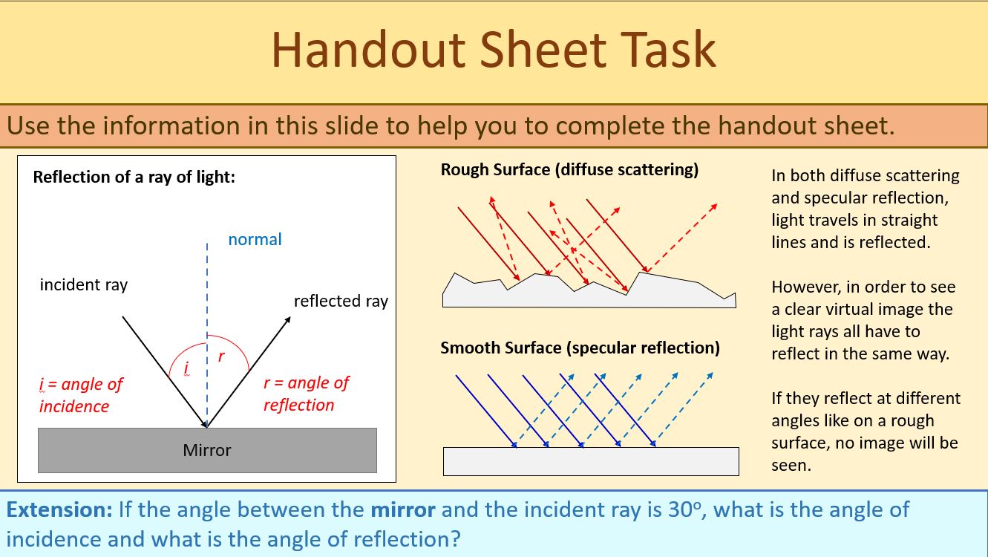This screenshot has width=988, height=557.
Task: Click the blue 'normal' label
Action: pyautogui.click(x=255, y=239)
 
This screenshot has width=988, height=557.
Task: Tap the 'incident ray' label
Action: pyautogui.click(x=83, y=284)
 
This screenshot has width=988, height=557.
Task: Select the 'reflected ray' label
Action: pyautogui.click(x=341, y=301)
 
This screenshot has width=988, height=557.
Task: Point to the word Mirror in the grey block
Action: pyautogui.click(x=207, y=450)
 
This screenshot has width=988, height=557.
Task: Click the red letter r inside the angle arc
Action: pyautogui.click(x=221, y=357)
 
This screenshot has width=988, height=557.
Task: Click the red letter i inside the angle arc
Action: pyautogui.click(x=186, y=368)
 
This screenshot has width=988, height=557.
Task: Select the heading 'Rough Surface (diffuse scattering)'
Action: pyautogui.click(x=569, y=169)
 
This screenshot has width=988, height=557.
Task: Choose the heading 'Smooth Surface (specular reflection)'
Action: pyautogui.click(x=580, y=348)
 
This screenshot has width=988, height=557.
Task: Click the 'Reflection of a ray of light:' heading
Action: pyautogui.click(x=134, y=177)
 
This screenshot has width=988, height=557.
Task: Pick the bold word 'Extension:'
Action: pyautogui.click(x=59, y=510)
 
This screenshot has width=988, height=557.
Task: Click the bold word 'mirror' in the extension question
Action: pyautogui.click(x=404, y=510)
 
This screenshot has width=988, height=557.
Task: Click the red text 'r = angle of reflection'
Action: pyautogui.click(x=305, y=394)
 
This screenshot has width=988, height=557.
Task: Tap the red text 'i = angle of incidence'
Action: pyautogui.click(x=80, y=395)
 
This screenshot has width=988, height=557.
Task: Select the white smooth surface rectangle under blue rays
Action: pyautogui.click(x=591, y=461)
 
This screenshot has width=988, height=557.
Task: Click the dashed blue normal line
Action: pyautogui.click(x=207, y=297)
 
